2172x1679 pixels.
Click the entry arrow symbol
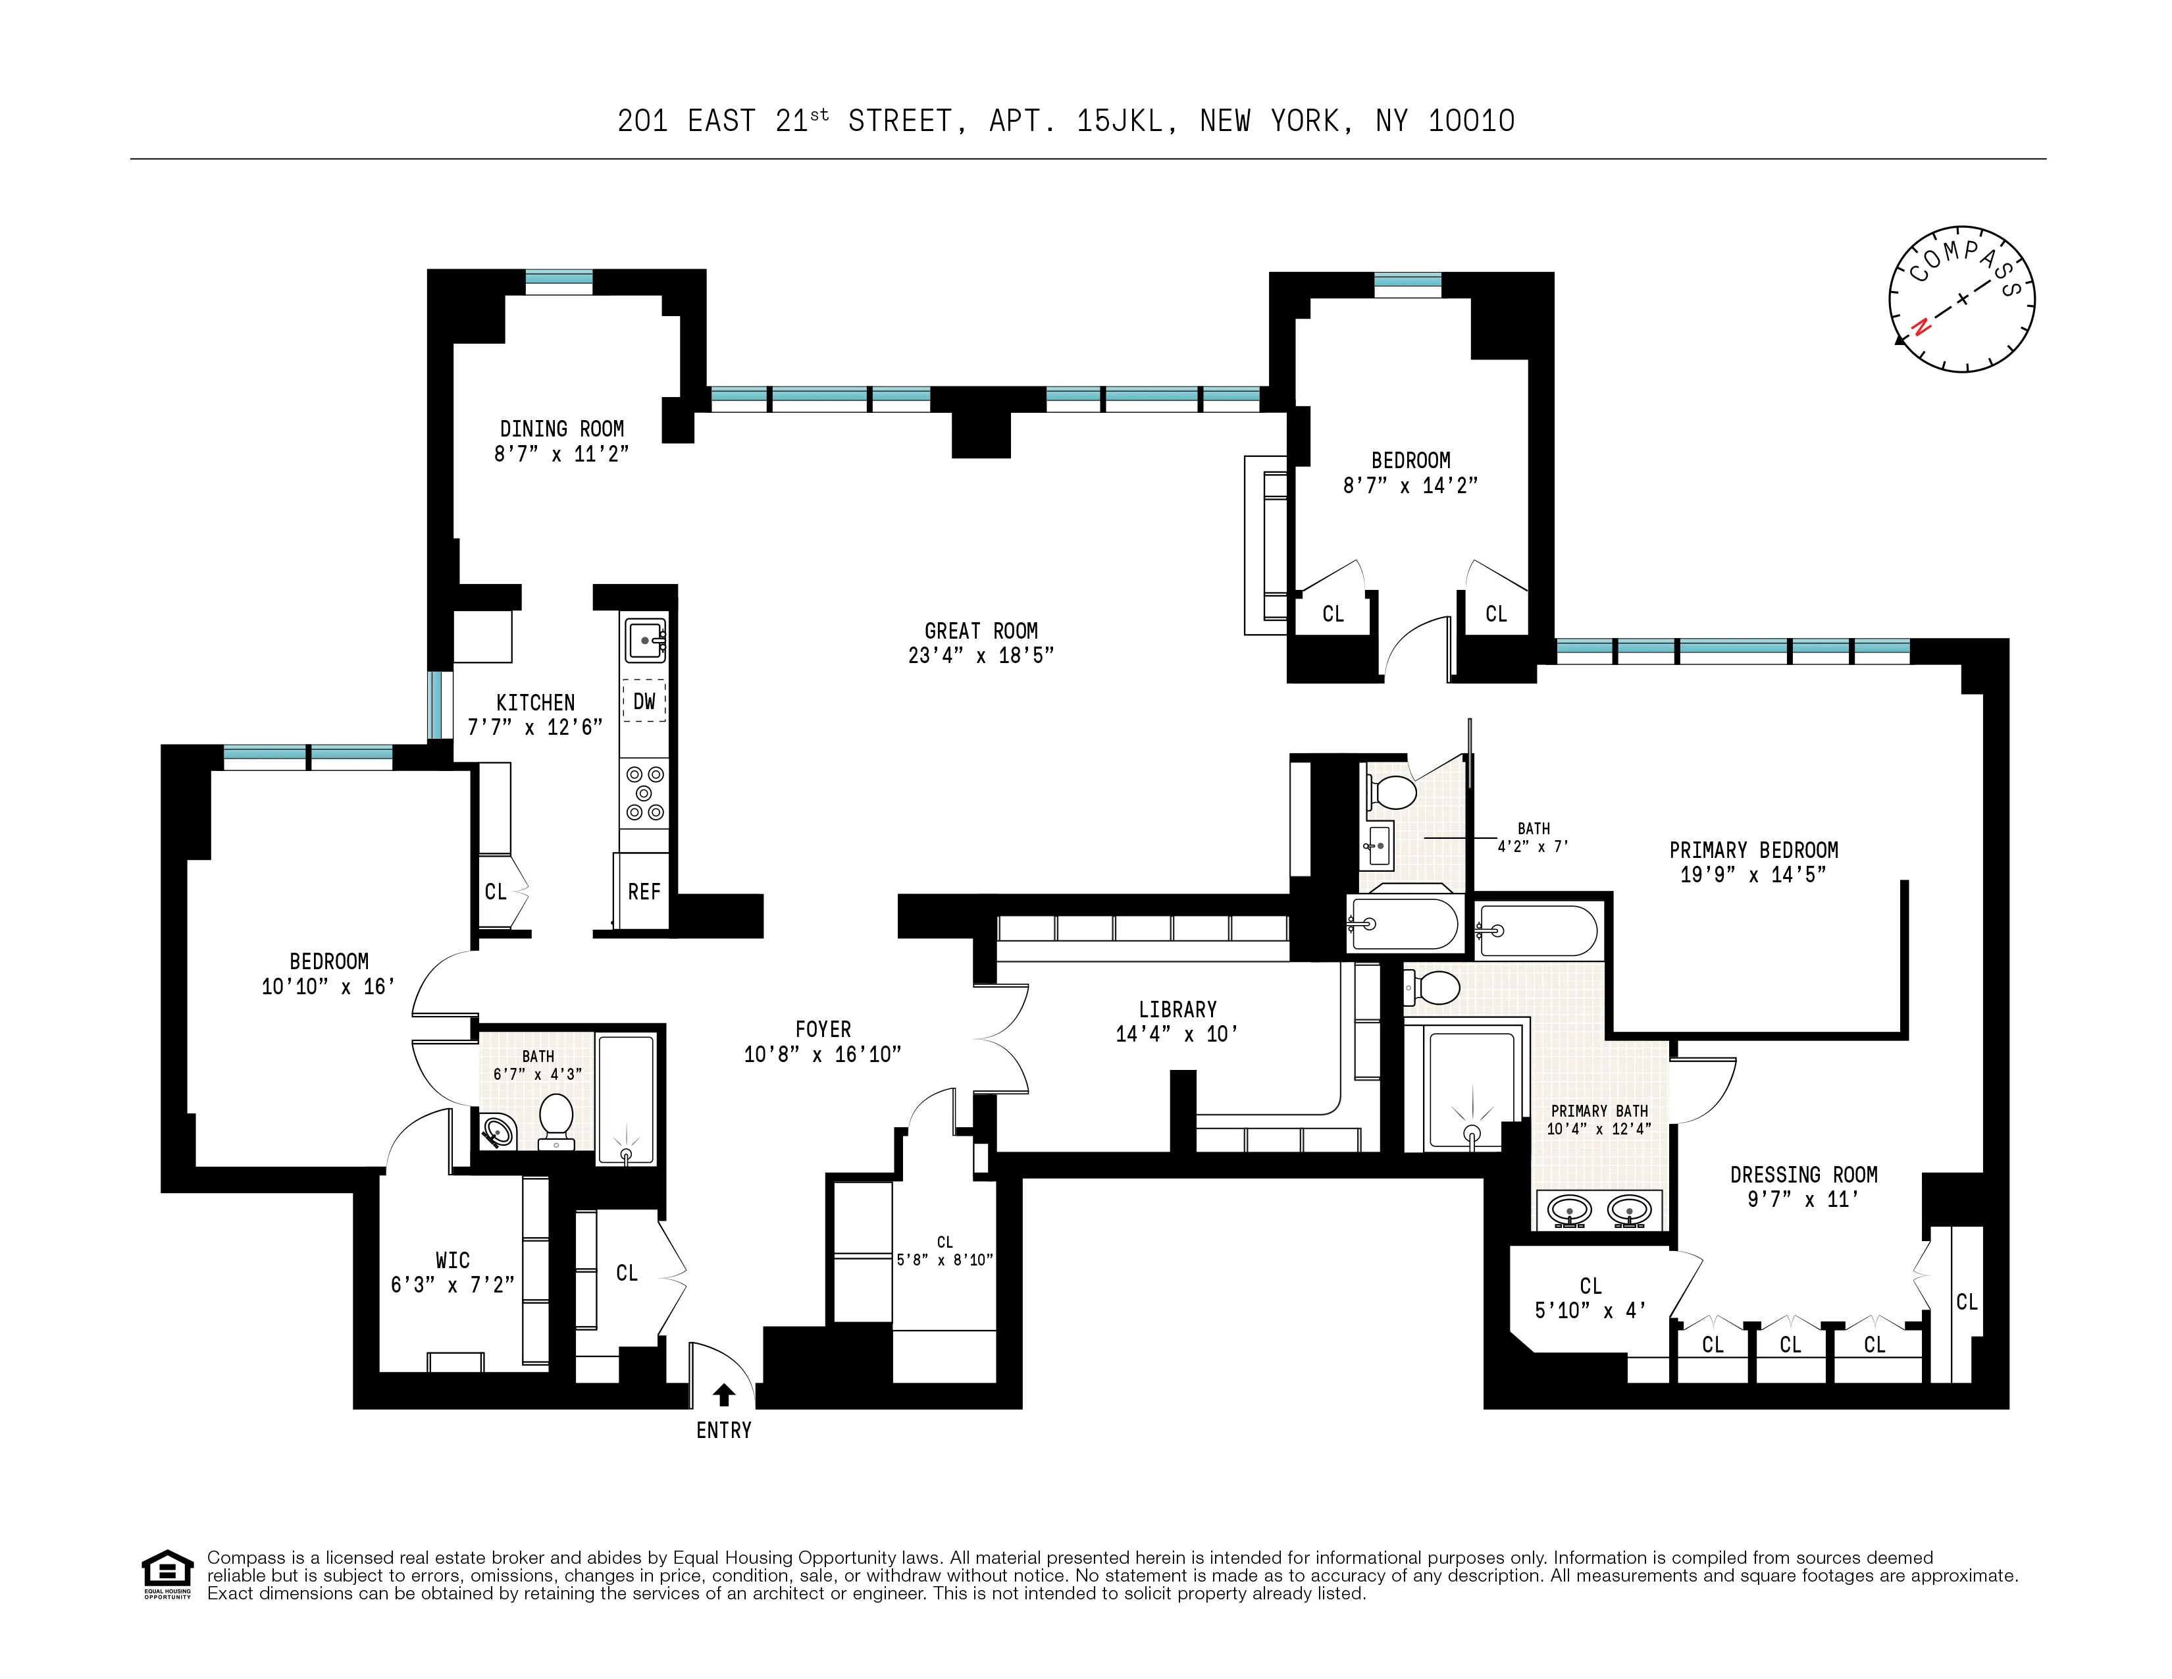tap(724, 1395)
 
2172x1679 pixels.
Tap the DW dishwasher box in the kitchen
tap(644, 701)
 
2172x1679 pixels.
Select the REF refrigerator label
tap(644, 892)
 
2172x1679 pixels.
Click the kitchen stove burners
tap(644, 793)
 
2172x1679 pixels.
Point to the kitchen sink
tap(644, 639)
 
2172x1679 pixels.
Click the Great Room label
tap(981, 631)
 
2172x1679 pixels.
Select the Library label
tap(1177, 1009)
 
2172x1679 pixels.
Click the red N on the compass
tap(1921, 325)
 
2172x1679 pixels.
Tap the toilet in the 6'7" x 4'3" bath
tap(556, 1121)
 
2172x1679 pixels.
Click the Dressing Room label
tap(1803, 1174)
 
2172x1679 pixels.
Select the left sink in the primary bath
tap(1570, 1210)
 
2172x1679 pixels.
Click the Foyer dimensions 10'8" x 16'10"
tap(823, 1054)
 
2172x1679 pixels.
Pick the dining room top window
tap(559, 282)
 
